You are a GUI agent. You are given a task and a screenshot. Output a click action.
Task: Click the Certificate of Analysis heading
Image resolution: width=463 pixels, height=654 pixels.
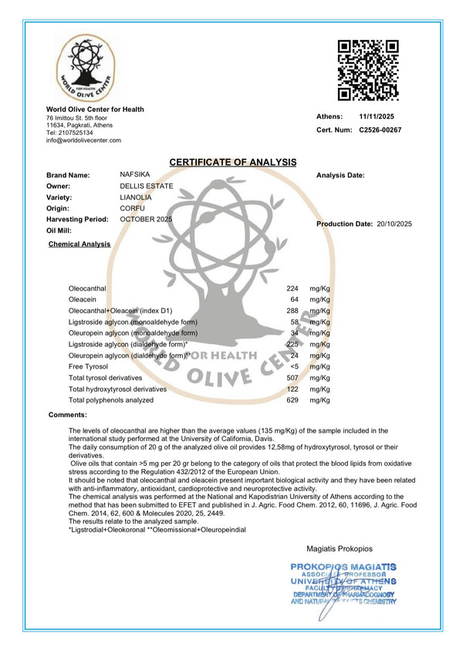point(232,162)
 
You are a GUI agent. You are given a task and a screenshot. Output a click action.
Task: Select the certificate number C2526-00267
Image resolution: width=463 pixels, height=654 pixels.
point(380,130)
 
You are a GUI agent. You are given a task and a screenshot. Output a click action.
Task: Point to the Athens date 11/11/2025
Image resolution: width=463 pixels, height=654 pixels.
point(377,116)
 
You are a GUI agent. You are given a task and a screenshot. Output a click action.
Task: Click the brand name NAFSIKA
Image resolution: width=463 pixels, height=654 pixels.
point(135,175)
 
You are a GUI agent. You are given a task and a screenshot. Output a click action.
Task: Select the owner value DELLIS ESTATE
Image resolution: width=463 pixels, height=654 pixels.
point(147,186)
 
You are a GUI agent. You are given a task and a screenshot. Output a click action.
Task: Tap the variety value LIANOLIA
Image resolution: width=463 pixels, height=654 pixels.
point(137,197)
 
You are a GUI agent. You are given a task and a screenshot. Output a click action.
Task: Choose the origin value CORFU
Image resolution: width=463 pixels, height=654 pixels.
point(133,208)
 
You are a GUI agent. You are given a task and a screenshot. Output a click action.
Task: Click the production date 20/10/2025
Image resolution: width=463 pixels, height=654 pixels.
point(394,224)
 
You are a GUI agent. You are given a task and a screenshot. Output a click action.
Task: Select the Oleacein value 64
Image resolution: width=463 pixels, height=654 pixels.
point(293,299)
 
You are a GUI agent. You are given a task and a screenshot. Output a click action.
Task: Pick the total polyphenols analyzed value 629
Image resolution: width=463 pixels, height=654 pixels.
point(292,400)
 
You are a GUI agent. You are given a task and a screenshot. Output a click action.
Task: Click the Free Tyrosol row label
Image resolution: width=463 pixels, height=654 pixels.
point(88,366)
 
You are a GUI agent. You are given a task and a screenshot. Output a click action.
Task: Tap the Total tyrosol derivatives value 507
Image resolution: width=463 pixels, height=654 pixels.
point(292,378)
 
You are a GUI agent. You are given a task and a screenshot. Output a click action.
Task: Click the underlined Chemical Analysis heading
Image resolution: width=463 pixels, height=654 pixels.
point(79,244)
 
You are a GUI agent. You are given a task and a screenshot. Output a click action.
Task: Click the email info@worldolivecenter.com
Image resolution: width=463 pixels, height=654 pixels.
point(83,140)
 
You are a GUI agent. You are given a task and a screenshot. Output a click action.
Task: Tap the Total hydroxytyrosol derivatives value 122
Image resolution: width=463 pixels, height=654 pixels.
point(292,389)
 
